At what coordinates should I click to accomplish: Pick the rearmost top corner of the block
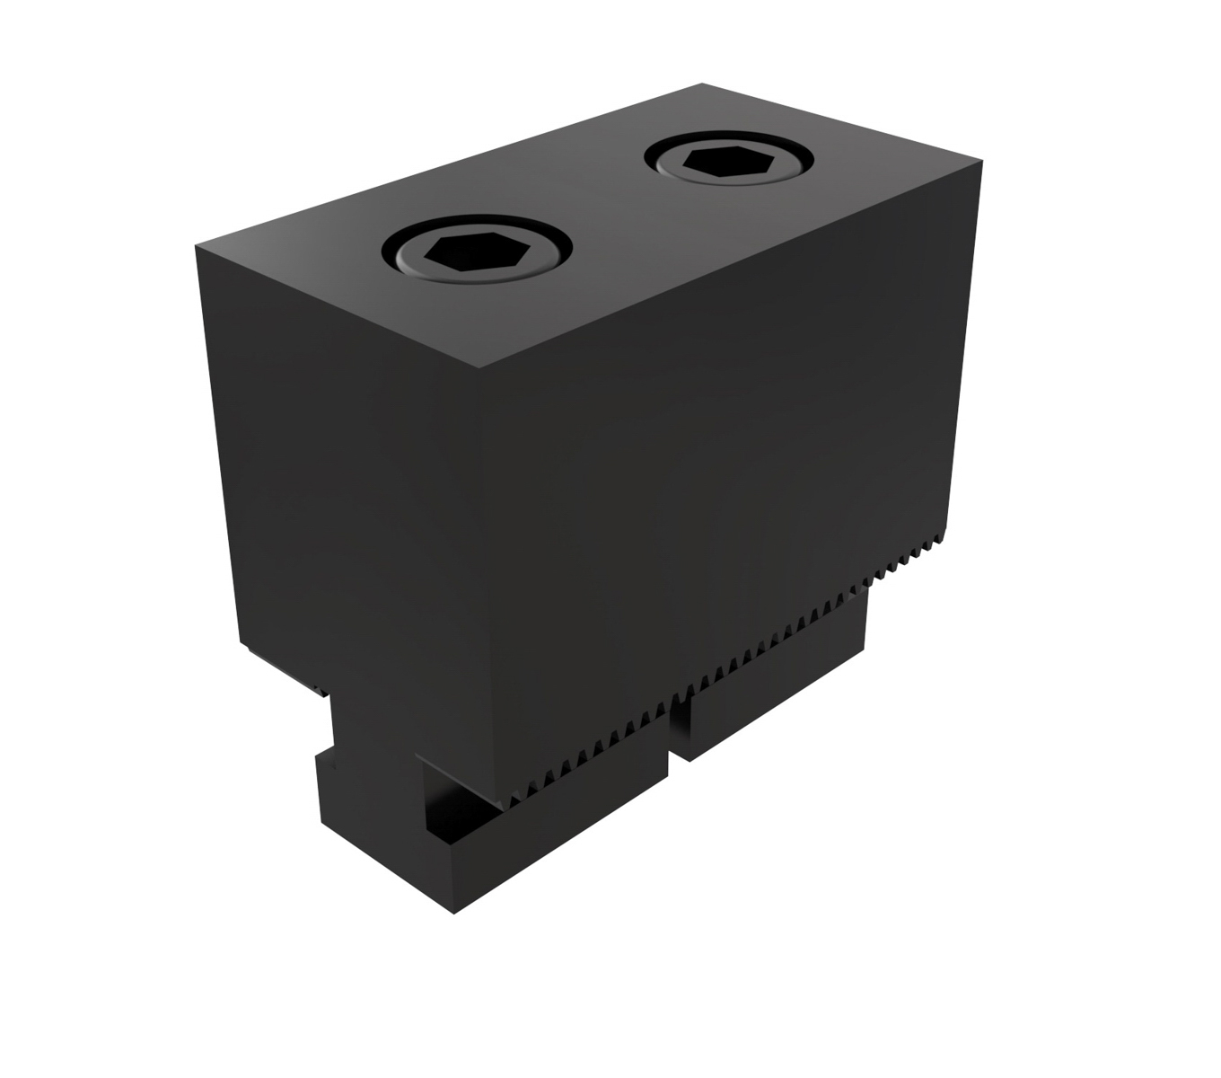701,84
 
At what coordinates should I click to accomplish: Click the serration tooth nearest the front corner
515,797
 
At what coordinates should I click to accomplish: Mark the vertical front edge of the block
485,584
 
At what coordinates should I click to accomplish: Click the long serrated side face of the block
718,449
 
